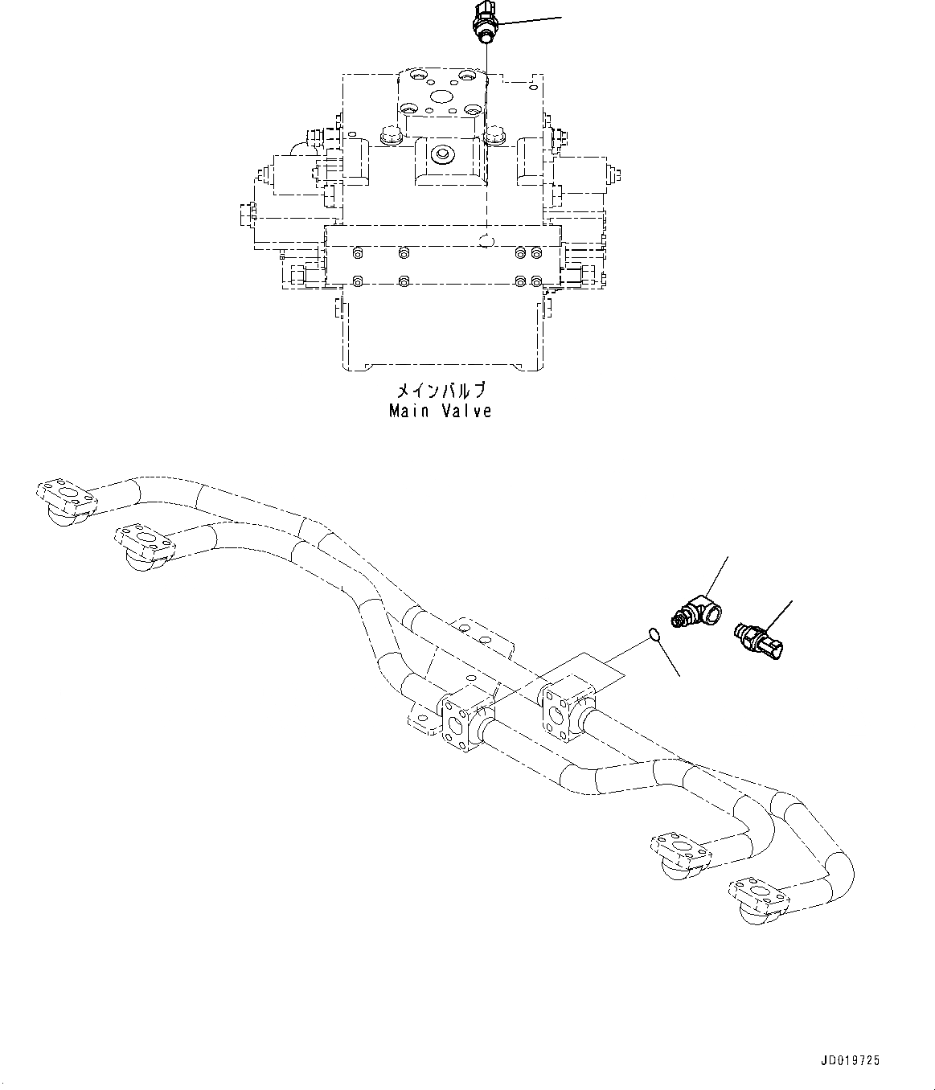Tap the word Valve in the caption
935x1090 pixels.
[x=465, y=411]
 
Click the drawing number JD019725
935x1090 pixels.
[x=850, y=1061]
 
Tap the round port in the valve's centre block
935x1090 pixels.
[x=441, y=154]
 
